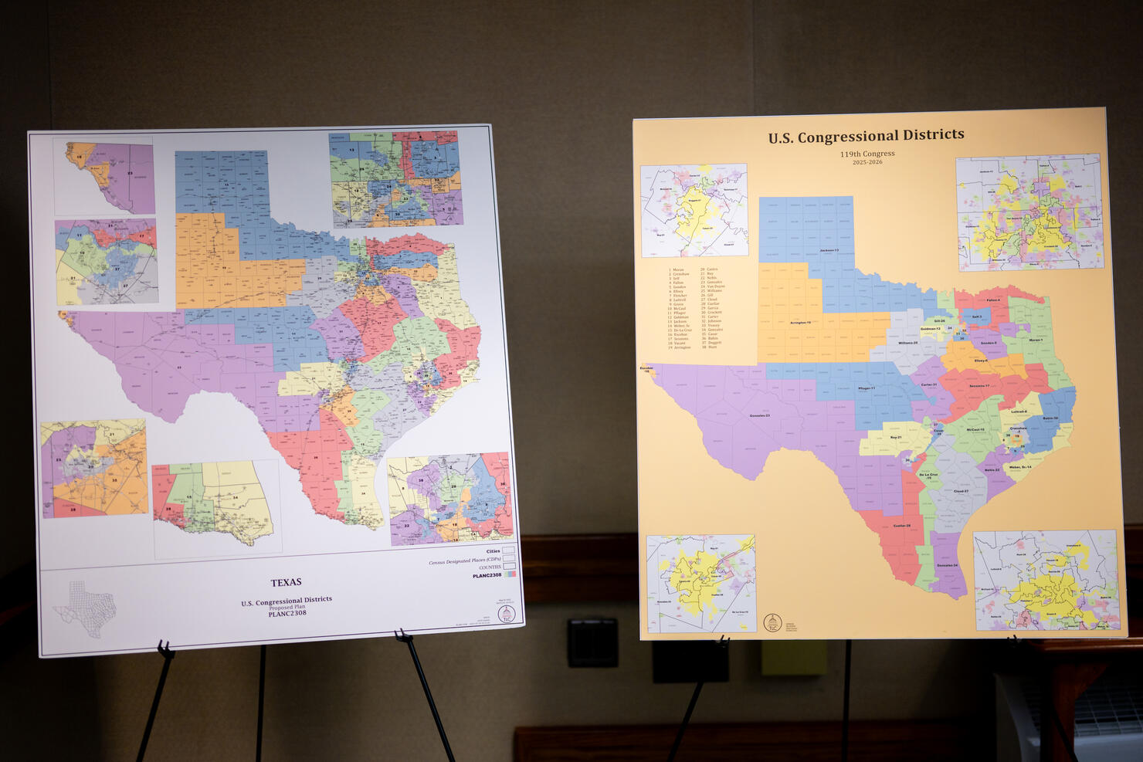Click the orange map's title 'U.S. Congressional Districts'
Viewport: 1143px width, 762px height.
866,137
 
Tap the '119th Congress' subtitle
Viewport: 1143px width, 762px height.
867,154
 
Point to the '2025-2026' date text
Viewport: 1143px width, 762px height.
867,162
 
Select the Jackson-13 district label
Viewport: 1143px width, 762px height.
828,251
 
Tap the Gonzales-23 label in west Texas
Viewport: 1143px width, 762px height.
760,415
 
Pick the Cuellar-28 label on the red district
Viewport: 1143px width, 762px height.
901,526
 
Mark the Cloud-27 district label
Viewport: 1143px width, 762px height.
961,491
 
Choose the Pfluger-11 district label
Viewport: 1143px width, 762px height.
867,388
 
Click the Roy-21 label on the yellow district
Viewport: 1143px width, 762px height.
896,437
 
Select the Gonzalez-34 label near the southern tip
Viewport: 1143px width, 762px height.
947,566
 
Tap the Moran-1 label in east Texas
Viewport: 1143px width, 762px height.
1036,340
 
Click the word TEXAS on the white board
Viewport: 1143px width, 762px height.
286,582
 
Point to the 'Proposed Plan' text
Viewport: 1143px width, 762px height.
287,607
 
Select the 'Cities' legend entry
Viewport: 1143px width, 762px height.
493,551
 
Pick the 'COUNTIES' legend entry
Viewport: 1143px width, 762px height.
490,567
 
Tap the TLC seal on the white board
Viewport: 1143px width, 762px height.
507,614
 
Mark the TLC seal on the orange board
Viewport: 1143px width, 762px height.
772,622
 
